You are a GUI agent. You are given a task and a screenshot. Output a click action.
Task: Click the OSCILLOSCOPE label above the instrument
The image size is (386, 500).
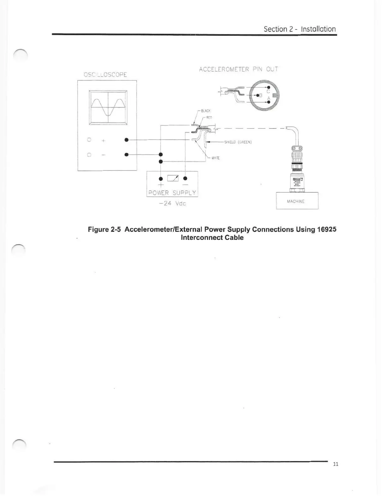pyautogui.click(x=105, y=74)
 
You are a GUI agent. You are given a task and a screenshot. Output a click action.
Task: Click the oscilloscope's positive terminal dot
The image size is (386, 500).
pyautogui.click(x=126, y=140)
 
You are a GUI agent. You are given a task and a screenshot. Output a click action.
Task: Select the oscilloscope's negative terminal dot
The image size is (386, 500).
pyautogui.click(x=126, y=155)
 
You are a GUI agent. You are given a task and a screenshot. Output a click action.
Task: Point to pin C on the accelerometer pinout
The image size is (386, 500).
pyautogui.click(x=269, y=87)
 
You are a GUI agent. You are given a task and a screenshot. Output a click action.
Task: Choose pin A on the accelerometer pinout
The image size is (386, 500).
pyautogui.click(x=269, y=102)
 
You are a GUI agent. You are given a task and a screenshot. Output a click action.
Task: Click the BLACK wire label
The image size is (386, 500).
pyautogui.click(x=206, y=111)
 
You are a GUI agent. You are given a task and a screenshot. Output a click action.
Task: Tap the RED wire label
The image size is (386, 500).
pyautogui.click(x=209, y=117)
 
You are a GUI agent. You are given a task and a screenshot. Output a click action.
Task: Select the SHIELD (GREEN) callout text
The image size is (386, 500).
pyautogui.click(x=238, y=142)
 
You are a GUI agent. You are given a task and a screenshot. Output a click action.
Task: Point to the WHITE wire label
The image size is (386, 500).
pyautogui.click(x=215, y=158)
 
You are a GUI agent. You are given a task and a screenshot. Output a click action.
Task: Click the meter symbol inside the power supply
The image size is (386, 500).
pyautogui.click(x=173, y=178)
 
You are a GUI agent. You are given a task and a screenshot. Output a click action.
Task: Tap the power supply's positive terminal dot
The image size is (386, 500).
pyautogui.click(x=161, y=178)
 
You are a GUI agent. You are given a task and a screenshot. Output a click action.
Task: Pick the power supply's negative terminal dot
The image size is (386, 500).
pyautogui.click(x=185, y=178)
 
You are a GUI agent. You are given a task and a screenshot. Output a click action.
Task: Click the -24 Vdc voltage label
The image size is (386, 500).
pyautogui.click(x=173, y=204)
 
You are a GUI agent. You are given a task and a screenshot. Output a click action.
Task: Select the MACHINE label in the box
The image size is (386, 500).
pyautogui.click(x=296, y=201)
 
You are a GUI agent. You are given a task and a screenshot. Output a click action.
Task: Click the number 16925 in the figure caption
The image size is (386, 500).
pyautogui.click(x=326, y=229)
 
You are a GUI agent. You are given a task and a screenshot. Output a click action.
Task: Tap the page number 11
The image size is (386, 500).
pyautogui.click(x=336, y=464)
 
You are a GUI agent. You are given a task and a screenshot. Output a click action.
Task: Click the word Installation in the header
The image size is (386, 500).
pyautogui.click(x=318, y=29)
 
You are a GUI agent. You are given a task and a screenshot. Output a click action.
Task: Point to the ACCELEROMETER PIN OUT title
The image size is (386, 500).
pyautogui.click(x=238, y=69)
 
